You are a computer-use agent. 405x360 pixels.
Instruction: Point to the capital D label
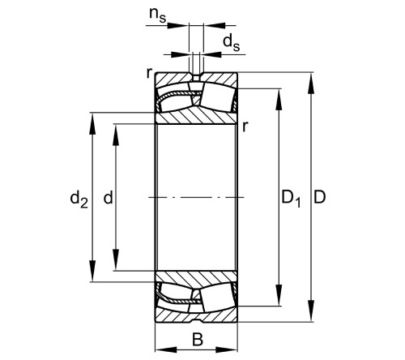coord(322,197)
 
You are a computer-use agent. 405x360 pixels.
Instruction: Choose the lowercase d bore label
coord(108,197)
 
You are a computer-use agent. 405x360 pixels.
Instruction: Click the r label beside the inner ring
coord(245,126)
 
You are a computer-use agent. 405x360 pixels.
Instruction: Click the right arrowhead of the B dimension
coord(233,350)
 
